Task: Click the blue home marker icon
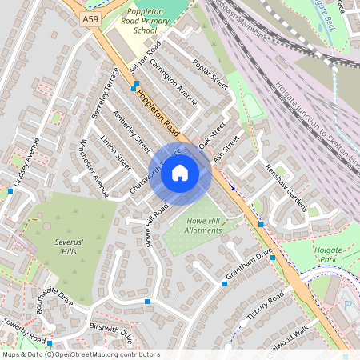pyautogui.click(x=180, y=172)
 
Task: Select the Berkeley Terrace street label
pyautogui.click(x=106, y=93)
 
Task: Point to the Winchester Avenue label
pyautogui.click(x=93, y=170)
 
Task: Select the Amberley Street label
pyautogui.click(x=131, y=132)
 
